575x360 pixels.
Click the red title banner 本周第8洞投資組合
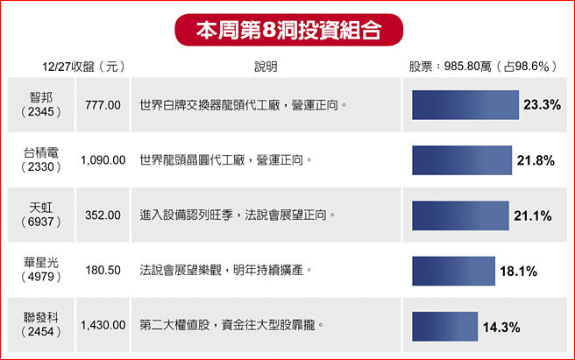click(x=287, y=29)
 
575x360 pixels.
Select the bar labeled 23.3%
click(x=465, y=105)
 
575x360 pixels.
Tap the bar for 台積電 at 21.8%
click(x=462, y=160)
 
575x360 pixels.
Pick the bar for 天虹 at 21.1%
click(x=460, y=215)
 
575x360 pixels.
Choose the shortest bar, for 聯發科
click(x=444, y=326)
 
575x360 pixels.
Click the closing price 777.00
click(x=103, y=105)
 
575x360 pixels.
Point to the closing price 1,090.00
click(x=103, y=160)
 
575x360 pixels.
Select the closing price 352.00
click(x=103, y=215)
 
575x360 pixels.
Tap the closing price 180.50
click(x=103, y=271)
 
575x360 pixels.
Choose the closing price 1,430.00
click(x=103, y=326)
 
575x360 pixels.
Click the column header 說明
click(x=266, y=67)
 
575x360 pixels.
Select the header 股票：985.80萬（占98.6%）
click(x=484, y=67)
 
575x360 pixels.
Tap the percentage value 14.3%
click(x=501, y=328)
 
